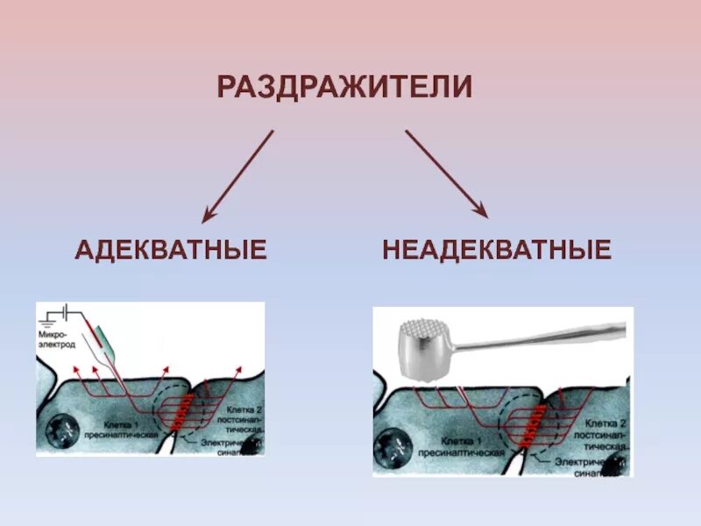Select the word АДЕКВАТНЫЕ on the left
point(171,250)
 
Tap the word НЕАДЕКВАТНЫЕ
point(497,250)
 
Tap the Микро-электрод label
point(56,342)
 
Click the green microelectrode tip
point(104,334)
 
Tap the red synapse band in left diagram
point(184,411)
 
